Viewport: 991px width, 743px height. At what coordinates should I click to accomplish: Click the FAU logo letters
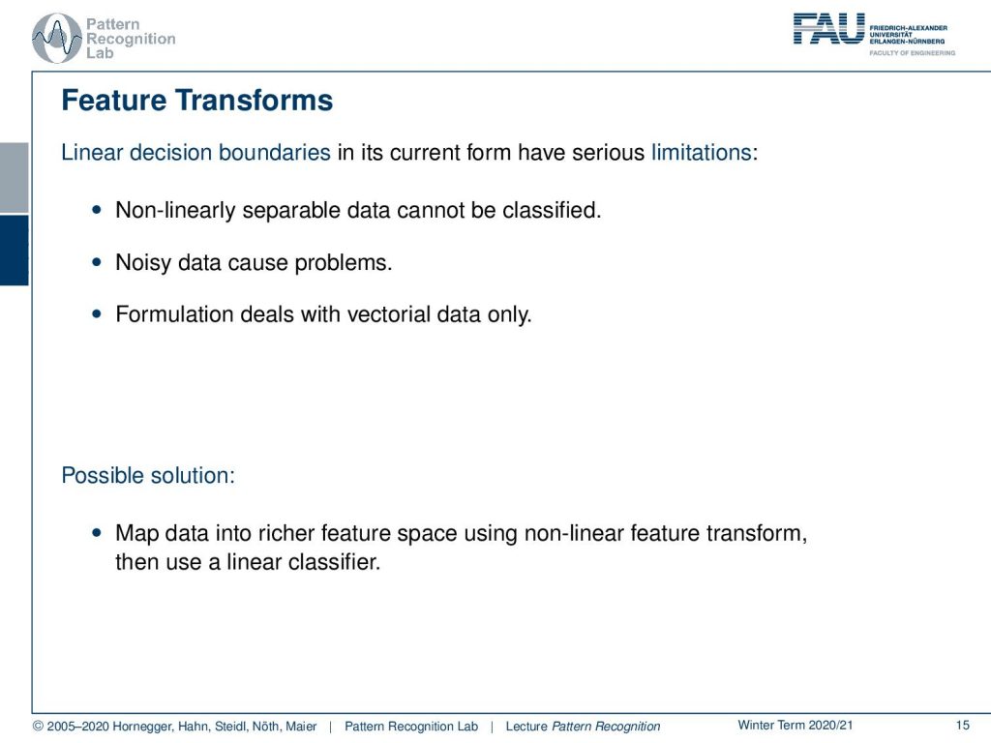point(828,29)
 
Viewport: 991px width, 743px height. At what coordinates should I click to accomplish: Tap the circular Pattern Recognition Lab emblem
point(57,39)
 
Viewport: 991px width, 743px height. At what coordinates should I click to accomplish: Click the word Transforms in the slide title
point(254,101)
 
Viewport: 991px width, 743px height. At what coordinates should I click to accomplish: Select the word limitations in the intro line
point(701,152)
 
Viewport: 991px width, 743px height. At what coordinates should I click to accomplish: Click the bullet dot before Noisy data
point(96,261)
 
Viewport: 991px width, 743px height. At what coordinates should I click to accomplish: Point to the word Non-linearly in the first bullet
point(175,210)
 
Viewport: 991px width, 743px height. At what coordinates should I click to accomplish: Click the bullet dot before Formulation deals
point(96,313)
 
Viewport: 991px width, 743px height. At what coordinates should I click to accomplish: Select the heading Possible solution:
point(148,475)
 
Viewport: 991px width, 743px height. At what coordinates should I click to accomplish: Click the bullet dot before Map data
point(96,533)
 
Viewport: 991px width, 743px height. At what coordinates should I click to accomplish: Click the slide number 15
point(963,726)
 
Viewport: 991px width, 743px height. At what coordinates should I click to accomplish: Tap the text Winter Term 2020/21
point(796,726)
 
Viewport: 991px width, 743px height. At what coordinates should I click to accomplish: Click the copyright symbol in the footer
point(38,727)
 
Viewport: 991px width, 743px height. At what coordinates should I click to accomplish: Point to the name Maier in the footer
point(301,727)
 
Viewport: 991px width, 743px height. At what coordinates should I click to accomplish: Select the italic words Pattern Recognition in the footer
point(606,727)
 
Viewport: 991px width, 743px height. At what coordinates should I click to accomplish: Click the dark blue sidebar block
point(14,251)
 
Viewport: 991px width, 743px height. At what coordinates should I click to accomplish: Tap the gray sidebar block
point(14,178)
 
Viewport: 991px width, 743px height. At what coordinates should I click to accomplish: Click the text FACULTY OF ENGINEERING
point(912,53)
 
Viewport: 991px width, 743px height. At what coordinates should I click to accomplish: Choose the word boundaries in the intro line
point(274,152)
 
